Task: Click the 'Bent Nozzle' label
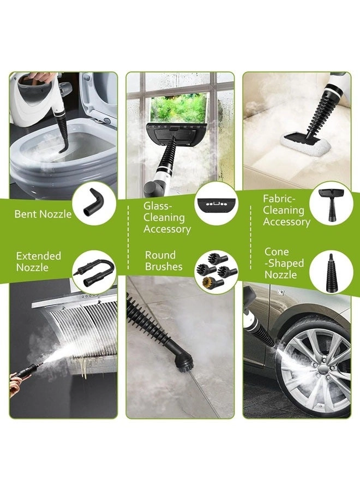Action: coord(43,214)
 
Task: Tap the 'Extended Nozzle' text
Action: coord(38,261)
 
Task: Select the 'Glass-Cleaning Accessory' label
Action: coord(167,217)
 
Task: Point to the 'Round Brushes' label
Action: coord(160,261)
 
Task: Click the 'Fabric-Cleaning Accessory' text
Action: coord(286,210)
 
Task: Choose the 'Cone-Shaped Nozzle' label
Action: coord(284,263)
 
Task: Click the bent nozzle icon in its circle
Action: coord(94,203)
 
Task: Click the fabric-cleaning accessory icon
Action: coord(331,203)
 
